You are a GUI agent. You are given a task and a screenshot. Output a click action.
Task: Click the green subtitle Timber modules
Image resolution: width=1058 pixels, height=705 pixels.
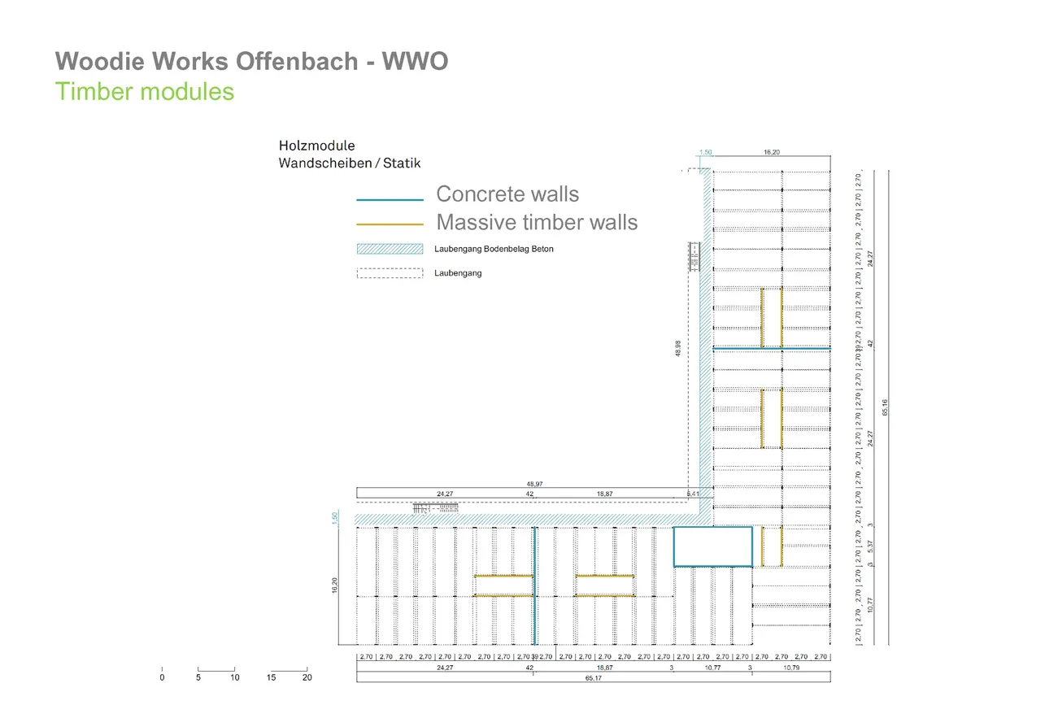pos(145,91)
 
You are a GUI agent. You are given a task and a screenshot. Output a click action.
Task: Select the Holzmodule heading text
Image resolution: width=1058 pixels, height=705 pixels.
pos(316,146)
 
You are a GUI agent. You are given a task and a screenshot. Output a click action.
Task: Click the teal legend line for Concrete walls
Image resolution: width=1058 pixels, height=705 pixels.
pos(390,199)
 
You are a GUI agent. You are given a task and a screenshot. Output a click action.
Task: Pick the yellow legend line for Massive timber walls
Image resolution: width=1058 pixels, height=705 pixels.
pos(390,224)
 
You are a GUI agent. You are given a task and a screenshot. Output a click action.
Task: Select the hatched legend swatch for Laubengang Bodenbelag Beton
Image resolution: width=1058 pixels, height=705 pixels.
pos(390,249)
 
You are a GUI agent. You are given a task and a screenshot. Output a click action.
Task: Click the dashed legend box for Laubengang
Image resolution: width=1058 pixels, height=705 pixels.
pos(390,273)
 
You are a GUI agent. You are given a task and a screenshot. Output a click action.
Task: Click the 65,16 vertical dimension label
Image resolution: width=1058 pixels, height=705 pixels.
pos(885,407)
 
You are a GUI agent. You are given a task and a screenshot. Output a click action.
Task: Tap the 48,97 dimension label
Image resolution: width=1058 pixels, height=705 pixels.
pos(534,484)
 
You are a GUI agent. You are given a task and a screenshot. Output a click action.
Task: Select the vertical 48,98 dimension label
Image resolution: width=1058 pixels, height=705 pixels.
pos(678,348)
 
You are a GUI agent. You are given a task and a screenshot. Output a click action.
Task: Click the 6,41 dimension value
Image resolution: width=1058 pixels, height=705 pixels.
pos(693,494)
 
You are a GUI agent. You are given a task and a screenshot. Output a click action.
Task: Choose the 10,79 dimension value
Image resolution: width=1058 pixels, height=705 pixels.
pos(790,668)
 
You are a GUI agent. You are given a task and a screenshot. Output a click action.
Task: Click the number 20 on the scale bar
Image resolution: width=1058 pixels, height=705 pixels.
pos(307,677)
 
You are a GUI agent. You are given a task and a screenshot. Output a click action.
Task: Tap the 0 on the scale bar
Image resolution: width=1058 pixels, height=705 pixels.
pos(162,677)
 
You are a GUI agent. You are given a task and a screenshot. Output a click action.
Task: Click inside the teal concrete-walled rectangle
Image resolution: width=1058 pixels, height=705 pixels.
pos(712,546)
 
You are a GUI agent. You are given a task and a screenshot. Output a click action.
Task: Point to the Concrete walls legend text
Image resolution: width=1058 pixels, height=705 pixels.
pos(507,194)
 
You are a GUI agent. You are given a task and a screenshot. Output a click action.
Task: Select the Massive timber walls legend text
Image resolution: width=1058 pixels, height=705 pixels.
pos(537,222)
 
